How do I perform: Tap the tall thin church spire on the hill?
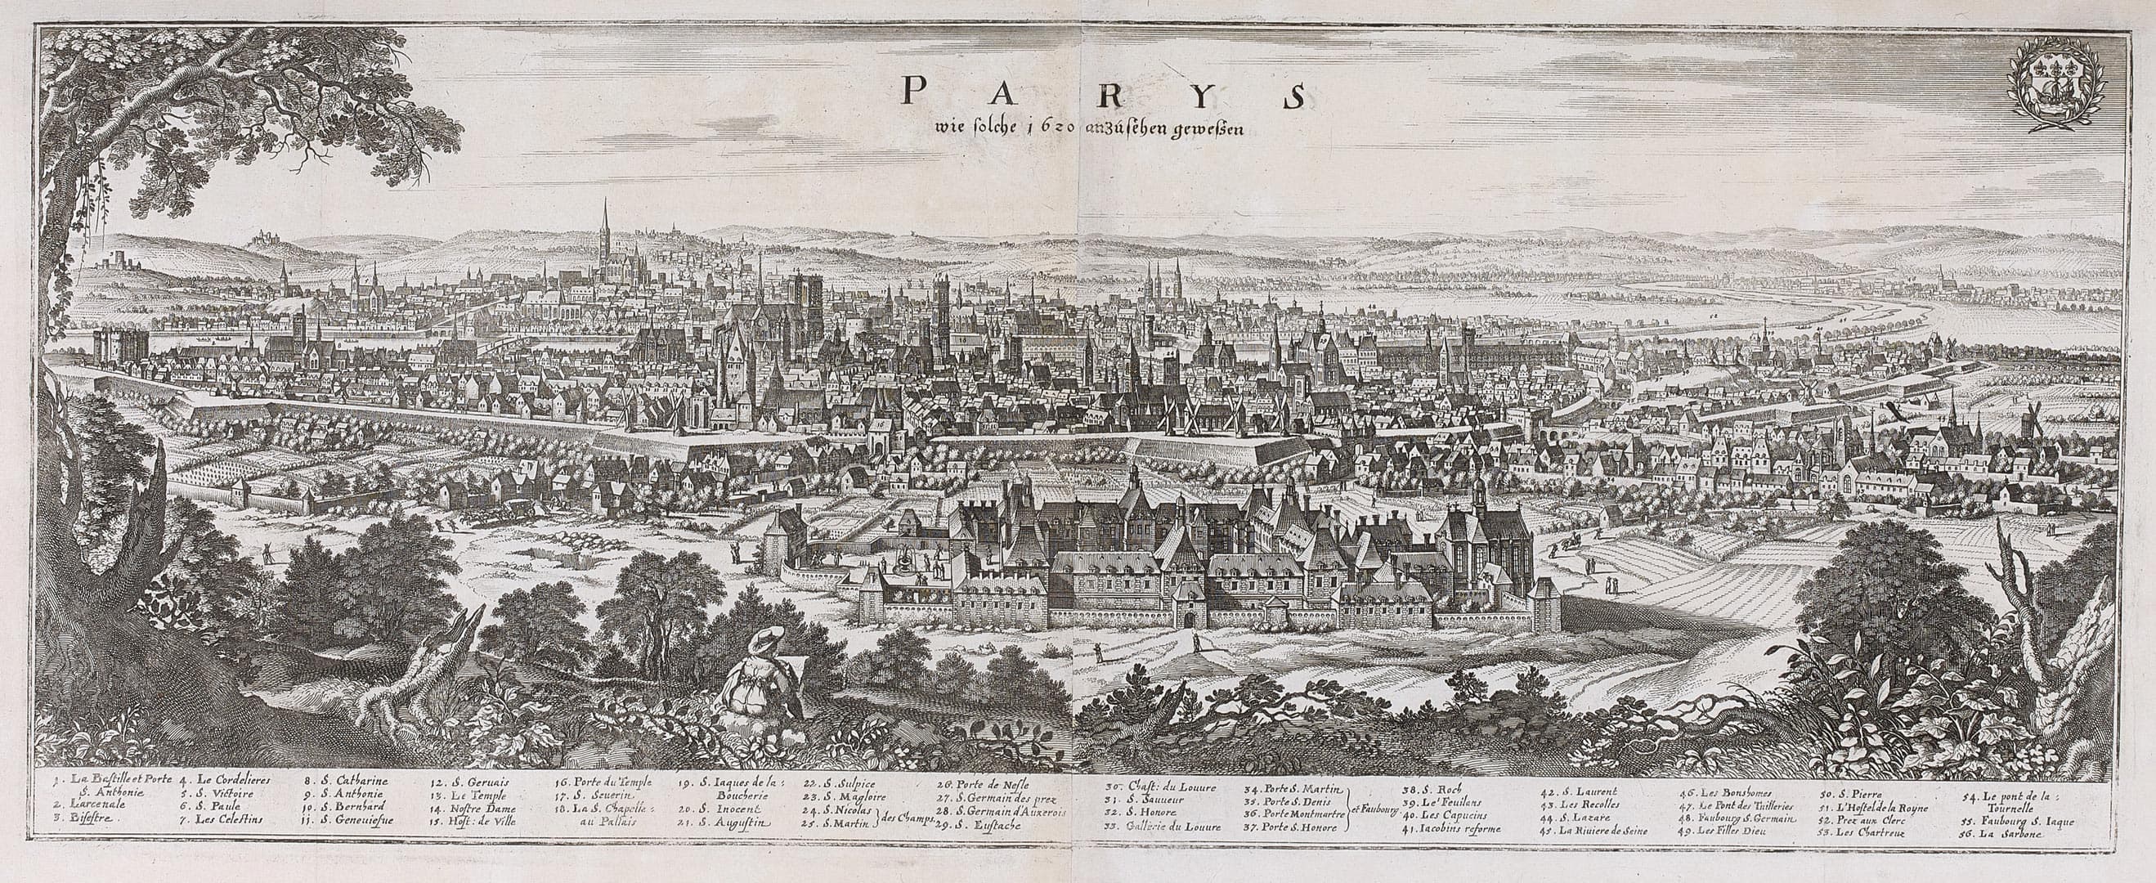point(605,226)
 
